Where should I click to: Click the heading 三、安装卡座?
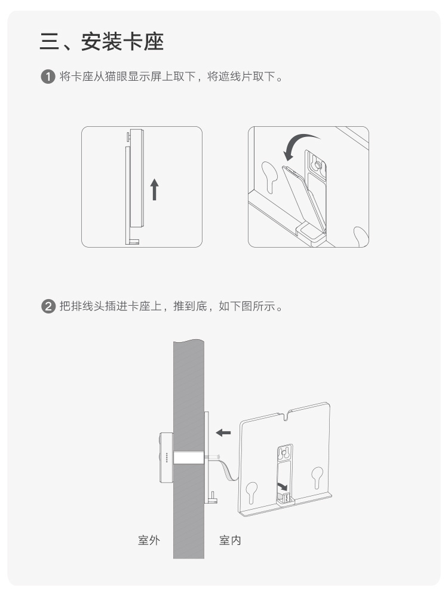coord(102,41)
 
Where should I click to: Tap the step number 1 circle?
coord(48,77)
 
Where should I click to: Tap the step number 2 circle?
coord(48,306)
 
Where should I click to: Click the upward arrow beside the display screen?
coord(154,190)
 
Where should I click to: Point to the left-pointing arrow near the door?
coord(223,432)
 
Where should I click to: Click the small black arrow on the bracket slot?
coord(283,486)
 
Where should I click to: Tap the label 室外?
coord(149,540)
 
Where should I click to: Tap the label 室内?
coord(230,540)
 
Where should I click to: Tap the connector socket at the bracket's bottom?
coord(286,498)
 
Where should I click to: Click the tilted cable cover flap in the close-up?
coord(304,199)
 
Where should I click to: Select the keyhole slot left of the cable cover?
coord(270,176)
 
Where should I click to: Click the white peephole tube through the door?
coord(189,457)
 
